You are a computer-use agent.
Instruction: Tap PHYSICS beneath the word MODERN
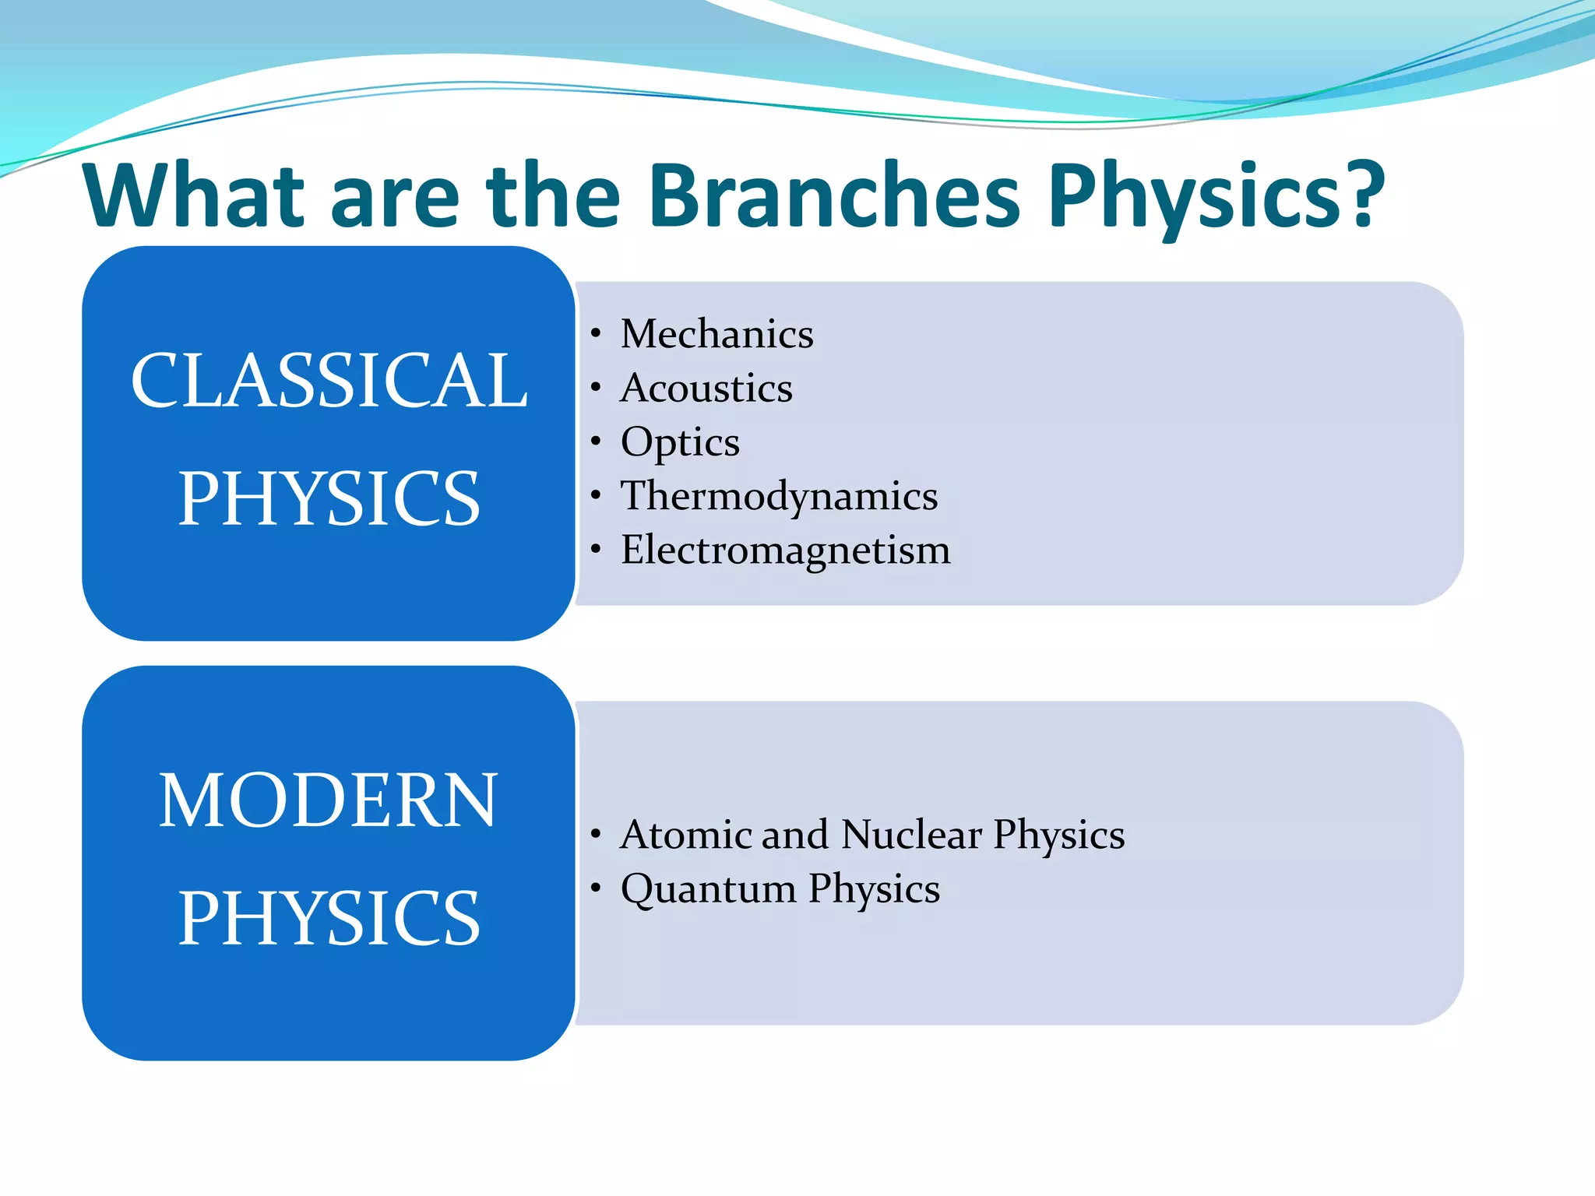pyautogui.click(x=329, y=918)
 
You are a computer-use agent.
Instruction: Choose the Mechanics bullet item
pyautogui.click(x=717, y=334)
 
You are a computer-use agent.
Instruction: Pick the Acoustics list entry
pyautogui.click(x=706, y=388)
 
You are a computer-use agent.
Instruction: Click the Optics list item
pyautogui.click(x=679, y=442)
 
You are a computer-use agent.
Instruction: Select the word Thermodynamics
pyautogui.click(x=779, y=496)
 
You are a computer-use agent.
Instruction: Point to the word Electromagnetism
pyautogui.click(x=785, y=550)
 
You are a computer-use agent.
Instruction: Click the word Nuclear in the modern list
pyautogui.click(x=911, y=835)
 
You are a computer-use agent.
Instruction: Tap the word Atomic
pyautogui.click(x=685, y=835)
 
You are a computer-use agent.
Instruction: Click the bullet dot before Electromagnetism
pyautogui.click(x=596, y=550)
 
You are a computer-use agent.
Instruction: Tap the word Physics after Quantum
pyautogui.click(x=874, y=889)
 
